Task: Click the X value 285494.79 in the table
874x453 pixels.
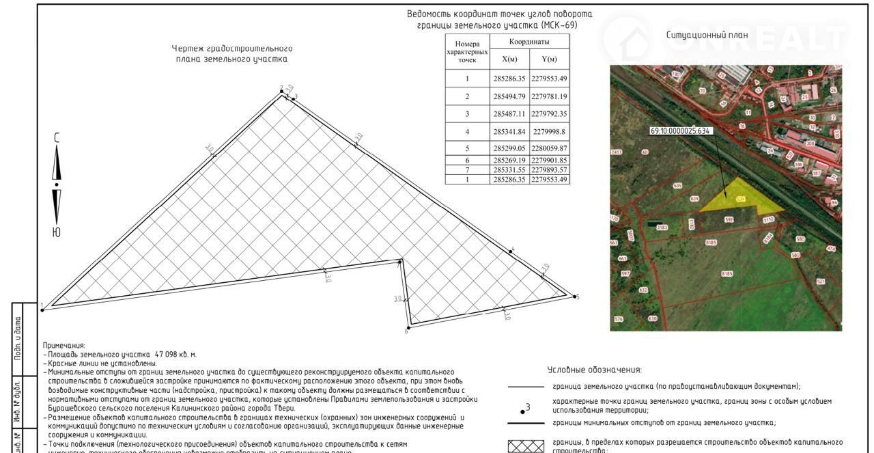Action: click(509, 96)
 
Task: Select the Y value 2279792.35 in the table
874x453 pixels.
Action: click(549, 113)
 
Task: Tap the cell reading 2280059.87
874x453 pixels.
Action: click(549, 148)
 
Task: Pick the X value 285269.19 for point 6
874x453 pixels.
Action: click(509, 160)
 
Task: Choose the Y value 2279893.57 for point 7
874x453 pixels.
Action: click(549, 169)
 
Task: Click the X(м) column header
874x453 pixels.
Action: click(509, 59)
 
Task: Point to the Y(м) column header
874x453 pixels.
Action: click(549, 59)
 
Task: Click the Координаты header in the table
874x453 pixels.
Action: click(529, 42)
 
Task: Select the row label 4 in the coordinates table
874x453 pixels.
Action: click(467, 131)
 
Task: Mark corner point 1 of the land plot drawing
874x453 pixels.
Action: click(43, 310)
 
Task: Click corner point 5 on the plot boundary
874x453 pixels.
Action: click(572, 296)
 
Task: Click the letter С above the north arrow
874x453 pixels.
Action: click(57, 137)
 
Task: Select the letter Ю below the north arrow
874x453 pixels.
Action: click(56, 232)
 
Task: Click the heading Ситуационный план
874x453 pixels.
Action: click(707, 35)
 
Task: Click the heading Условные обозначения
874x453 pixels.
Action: click(594, 370)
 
